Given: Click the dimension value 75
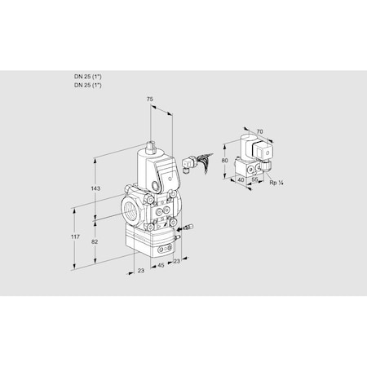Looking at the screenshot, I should pyautogui.click(x=148, y=99).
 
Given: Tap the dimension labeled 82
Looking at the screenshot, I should pyautogui.click(x=94, y=243).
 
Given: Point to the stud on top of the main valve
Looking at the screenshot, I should pyautogui.click(x=150, y=147).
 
